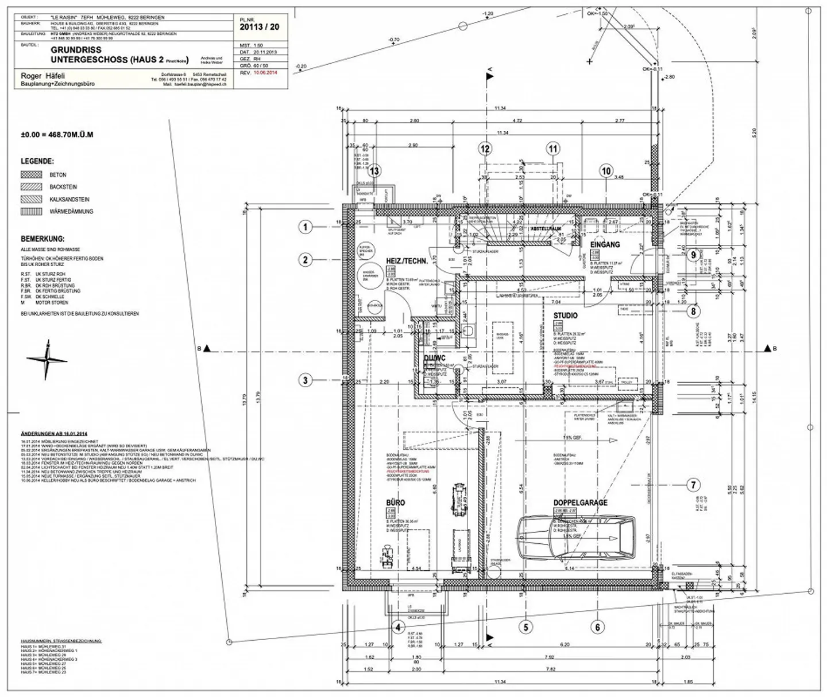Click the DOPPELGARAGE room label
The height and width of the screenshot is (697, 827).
click(x=580, y=503)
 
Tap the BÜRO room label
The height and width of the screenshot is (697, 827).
click(x=395, y=503)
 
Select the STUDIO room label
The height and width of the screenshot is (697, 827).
click(x=565, y=316)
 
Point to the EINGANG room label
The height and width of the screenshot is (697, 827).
click(x=605, y=244)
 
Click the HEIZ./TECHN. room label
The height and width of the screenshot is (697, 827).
click(x=407, y=261)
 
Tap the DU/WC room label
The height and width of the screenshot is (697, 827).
click(x=434, y=359)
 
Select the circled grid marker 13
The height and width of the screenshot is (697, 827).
click(x=374, y=171)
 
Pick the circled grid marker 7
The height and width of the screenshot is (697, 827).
click(x=693, y=485)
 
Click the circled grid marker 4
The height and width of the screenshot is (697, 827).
click(x=397, y=627)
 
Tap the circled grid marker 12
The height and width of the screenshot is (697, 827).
click(x=485, y=149)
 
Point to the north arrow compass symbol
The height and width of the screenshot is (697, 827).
click(x=47, y=360)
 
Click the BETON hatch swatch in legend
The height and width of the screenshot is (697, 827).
click(x=32, y=174)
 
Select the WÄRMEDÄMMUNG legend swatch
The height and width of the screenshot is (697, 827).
click(x=32, y=212)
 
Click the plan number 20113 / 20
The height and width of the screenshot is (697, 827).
click(x=260, y=26)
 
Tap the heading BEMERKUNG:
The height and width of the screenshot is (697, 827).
click(x=42, y=239)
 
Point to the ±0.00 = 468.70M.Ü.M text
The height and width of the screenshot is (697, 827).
click(x=57, y=135)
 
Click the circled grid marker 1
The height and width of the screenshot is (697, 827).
click(x=306, y=227)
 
